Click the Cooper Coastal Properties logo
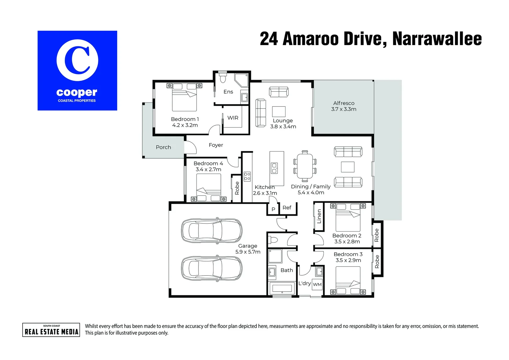(77, 71)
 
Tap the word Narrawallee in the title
(437, 39)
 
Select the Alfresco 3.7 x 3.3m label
(344, 106)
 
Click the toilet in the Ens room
(223, 78)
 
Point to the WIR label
(233, 118)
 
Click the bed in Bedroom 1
(184, 97)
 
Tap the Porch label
(163, 147)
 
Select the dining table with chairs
(305, 166)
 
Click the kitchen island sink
(274, 168)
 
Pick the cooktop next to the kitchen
(247, 176)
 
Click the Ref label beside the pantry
(287, 208)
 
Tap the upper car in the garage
(212, 230)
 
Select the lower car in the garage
(212, 268)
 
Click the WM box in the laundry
(317, 284)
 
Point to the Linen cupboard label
(319, 216)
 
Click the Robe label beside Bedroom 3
(377, 262)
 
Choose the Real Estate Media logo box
(51, 330)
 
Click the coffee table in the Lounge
(279, 111)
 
